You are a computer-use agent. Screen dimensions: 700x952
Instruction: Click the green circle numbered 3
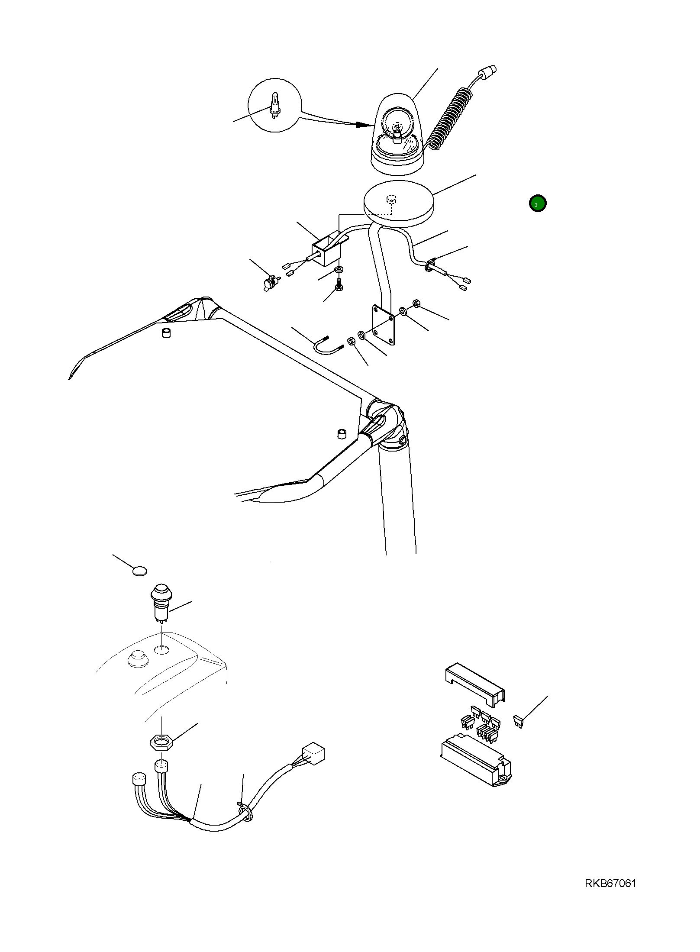(x=538, y=203)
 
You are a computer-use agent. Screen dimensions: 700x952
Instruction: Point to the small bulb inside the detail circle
(x=274, y=106)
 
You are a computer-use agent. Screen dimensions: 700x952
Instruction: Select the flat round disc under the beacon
(x=399, y=203)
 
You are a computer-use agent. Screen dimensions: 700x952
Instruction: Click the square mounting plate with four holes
(x=384, y=325)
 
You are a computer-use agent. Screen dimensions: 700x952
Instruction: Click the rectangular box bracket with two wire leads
(x=326, y=252)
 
